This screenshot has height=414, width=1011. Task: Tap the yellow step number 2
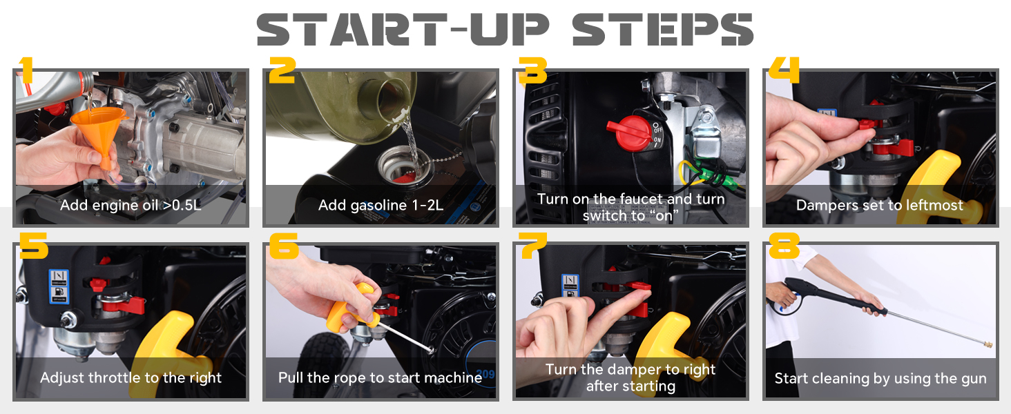click(282, 70)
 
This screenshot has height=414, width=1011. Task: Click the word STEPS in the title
click(662, 29)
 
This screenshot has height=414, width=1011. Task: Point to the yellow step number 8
click(784, 246)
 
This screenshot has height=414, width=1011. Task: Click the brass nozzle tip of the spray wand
click(988, 345)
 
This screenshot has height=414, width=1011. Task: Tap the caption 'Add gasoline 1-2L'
click(381, 205)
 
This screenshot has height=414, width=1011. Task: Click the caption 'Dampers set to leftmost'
click(880, 205)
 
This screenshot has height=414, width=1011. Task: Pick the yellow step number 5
click(33, 246)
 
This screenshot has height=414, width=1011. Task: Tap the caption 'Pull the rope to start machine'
click(380, 377)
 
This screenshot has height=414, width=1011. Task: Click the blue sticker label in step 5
click(59, 287)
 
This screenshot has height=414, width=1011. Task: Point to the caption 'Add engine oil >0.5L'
click(131, 205)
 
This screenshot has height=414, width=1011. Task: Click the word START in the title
click(352, 29)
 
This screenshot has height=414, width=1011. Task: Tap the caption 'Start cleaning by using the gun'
click(880, 378)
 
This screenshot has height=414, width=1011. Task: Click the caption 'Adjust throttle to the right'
click(131, 377)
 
